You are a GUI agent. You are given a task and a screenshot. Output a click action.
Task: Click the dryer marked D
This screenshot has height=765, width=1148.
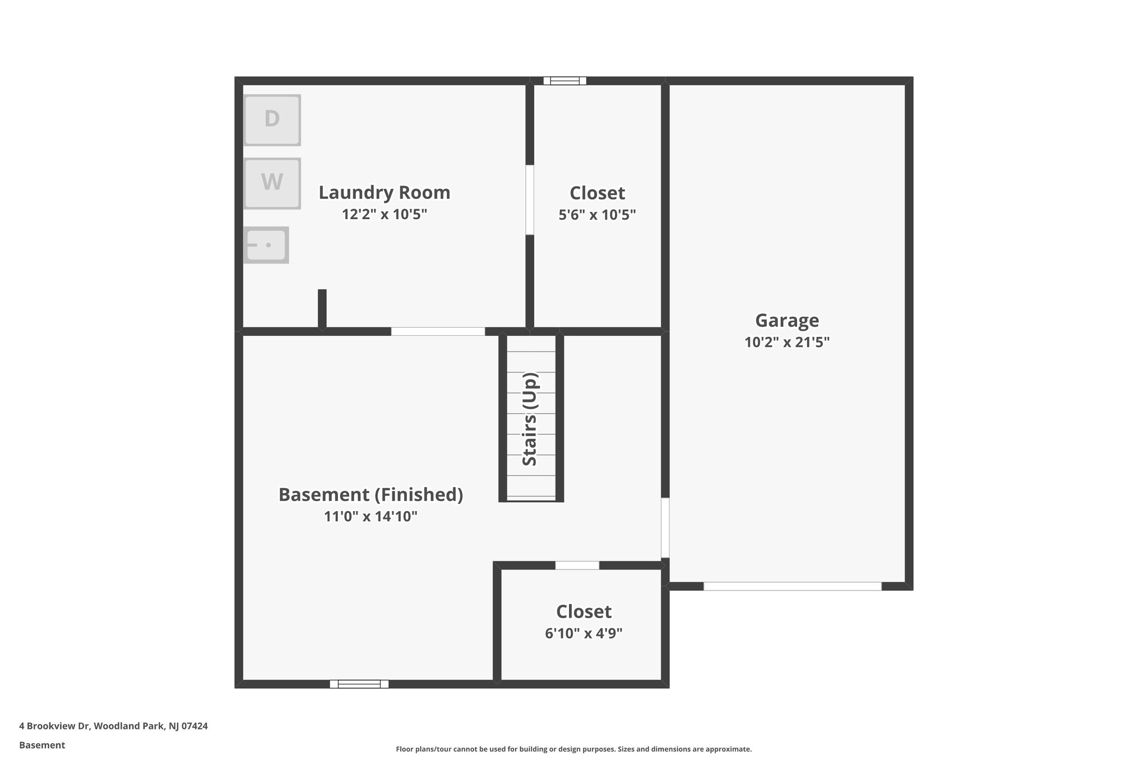pos(272,120)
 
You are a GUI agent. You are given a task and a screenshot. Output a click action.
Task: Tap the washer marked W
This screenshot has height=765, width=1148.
pos(272,183)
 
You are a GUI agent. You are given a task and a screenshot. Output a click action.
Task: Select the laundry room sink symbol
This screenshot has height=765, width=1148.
pos(266,245)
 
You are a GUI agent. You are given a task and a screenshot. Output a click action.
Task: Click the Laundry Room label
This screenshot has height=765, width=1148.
pos(385,193)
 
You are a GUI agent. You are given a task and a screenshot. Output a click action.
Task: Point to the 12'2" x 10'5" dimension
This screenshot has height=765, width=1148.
pos(385,214)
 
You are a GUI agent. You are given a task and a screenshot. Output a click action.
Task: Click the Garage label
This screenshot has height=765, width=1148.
pos(787,321)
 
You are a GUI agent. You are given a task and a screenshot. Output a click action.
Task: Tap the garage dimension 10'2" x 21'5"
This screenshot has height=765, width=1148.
pos(787,342)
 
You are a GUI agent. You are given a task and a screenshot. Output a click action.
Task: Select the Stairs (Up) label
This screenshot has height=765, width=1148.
pos(530,419)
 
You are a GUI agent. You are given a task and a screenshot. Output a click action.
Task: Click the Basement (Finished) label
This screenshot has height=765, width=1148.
pos(371,495)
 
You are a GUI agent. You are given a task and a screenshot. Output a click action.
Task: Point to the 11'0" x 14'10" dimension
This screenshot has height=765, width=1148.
pos(371,516)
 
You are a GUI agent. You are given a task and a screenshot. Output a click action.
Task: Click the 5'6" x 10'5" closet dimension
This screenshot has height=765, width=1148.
pos(597,215)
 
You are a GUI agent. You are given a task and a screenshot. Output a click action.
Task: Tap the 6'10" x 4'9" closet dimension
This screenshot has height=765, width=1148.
pos(584,633)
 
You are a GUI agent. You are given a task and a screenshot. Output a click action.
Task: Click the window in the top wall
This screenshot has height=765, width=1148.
pos(564,81)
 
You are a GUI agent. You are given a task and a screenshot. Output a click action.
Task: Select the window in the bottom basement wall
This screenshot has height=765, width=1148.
pos(359,684)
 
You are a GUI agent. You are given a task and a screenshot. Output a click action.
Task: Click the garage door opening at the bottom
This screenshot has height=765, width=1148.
pos(792,586)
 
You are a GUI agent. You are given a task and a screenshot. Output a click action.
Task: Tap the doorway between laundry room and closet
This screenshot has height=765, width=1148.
pos(530,200)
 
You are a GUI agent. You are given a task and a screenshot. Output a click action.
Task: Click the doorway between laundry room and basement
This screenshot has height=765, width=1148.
pos(438,331)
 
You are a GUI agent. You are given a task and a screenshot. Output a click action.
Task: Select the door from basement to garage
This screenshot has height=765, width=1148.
pos(665,528)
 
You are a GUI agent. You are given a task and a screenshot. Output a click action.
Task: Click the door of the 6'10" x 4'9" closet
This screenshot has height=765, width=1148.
pos(577,565)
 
